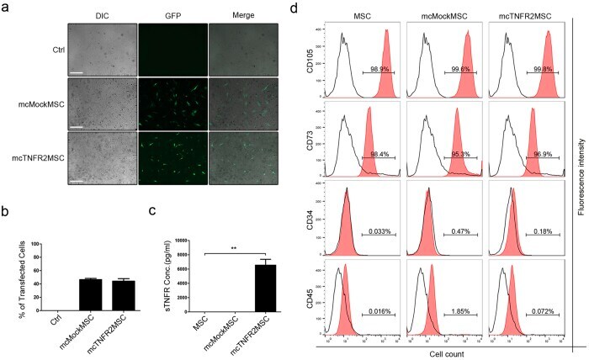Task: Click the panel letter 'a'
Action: (7, 9)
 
